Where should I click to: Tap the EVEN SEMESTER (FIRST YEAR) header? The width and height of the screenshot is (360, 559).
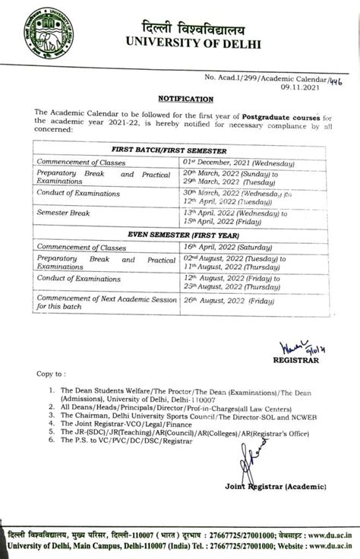(x=180, y=236)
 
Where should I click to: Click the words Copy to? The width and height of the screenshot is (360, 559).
(x=49, y=374)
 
